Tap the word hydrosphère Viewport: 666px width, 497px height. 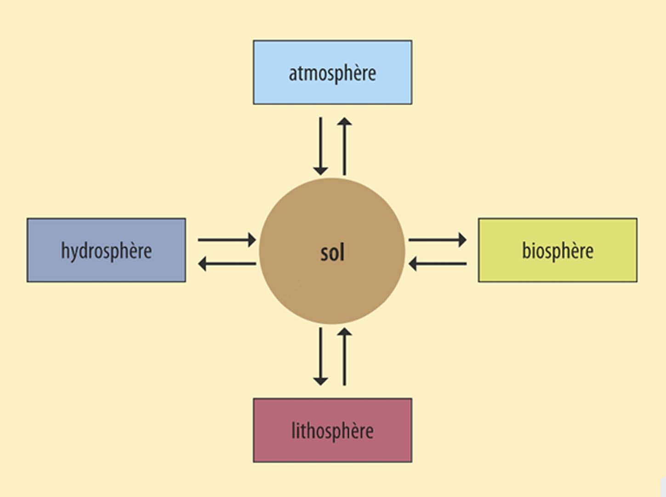pyautogui.click(x=106, y=251)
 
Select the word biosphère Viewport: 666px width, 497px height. pyautogui.click(x=558, y=251)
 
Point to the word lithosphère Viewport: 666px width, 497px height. pyautogui.click(x=332, y=431)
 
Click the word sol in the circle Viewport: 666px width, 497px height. pyautogui.click(x=332, y=253)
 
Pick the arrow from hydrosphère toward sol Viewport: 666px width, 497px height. pyautogui.click(x=227, y=240)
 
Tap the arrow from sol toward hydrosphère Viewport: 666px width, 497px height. pyautogui.click(x=227, y=264)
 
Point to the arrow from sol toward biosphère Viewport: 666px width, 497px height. pyautogui.click(x=437, y=240)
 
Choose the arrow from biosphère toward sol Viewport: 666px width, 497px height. pyautogui.click(x=437, y=264)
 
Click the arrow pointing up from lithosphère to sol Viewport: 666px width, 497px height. pyautogui.click(x=344, y=356)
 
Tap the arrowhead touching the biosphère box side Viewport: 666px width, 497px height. pyautogui.click(x=462, y=240)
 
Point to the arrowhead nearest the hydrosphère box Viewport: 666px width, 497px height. pyautogui.click(x=203, y=264)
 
